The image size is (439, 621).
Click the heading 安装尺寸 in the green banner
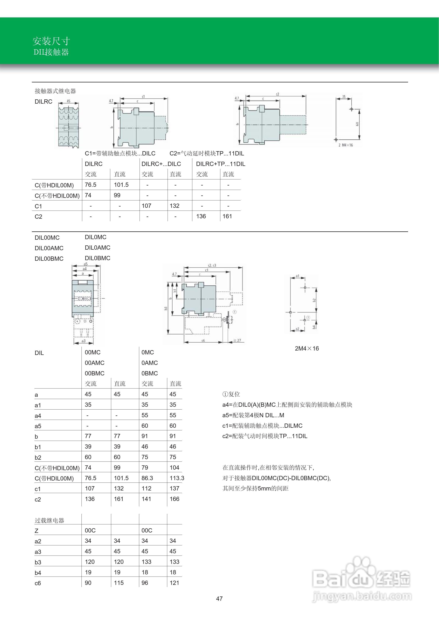click(51, 41)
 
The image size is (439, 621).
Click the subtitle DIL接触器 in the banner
click(51, 52)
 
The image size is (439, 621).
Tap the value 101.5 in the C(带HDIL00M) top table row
click(121, 185)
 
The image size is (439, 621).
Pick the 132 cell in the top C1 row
click(174, 206)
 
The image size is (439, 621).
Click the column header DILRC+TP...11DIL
click(221, 164)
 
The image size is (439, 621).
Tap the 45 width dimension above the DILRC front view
click(68, 101)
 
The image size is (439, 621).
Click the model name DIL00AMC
click(49, 248)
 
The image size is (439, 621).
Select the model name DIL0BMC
click(97, 258)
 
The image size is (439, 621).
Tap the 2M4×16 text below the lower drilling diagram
click(307, 348)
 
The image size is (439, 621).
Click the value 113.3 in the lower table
click(177, 478)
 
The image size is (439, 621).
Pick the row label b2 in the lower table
click(38, 458)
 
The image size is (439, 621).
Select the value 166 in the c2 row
click(174, 499)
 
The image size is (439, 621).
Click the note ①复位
click(231, 394)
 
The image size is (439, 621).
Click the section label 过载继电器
click(49, 520)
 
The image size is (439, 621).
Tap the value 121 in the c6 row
click(174, 583)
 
